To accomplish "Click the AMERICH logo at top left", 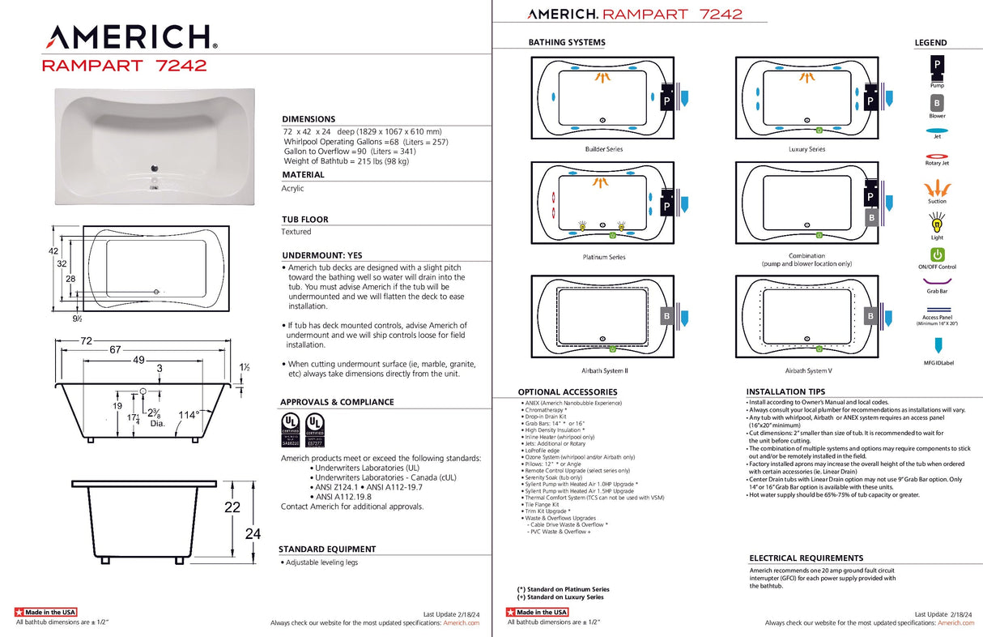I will [x=130, y=36].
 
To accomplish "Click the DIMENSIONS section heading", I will [x=309, y=119].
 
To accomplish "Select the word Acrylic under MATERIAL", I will [x=292, y=188].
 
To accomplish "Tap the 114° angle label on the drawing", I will [x=189, y=415].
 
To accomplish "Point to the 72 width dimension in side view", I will [x=85, y=341].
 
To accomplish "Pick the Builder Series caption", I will [x=604, y=149].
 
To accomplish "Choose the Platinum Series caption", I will [x=604, y=257].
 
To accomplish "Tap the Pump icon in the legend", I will [x=936, y=65].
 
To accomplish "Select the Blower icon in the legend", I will [x=936, y=104].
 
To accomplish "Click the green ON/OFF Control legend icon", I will [x=936, y=254].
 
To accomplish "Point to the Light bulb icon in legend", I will [x=936, y=221].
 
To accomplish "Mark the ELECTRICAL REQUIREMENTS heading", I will [x=806, y=558].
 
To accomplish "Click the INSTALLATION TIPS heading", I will [x=786, y=391].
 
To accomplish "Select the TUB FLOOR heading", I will [x=304, y=220].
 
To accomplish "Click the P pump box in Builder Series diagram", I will [x=667, y=100].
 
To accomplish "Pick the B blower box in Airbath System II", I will [x=667, y=316].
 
